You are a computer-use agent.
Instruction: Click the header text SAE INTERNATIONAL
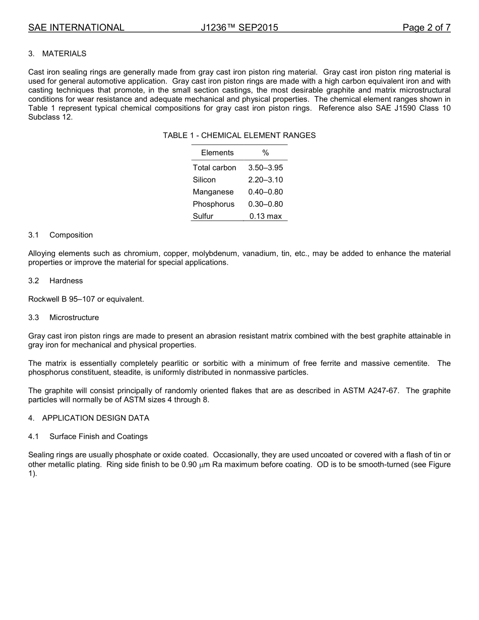coord(76,28)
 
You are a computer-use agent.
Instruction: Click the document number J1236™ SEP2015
coord(239,28)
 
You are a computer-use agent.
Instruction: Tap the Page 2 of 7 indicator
coord(426,28)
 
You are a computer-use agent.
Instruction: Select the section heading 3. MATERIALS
coord(57,53)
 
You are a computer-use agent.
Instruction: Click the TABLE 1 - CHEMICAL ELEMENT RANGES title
coord(239,135)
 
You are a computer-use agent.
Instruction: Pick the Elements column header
coord(217,153)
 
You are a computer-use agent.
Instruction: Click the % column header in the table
coord(265,153)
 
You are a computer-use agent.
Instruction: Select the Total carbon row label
coord(214,168)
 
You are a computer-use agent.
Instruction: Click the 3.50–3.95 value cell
coord(265,168)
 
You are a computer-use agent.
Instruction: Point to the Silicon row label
coord(204,180)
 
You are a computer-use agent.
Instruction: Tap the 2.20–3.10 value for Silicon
coord(265,180)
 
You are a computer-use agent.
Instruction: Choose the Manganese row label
coord(213,192)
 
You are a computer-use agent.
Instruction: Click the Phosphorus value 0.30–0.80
coord(265,204)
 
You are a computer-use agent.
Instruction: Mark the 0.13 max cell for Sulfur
coord(265,216)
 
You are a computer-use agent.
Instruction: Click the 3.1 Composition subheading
coord(61,235)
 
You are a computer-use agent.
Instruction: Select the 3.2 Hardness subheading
coord(56,281)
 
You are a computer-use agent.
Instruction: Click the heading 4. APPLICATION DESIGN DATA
coord(89,418)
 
